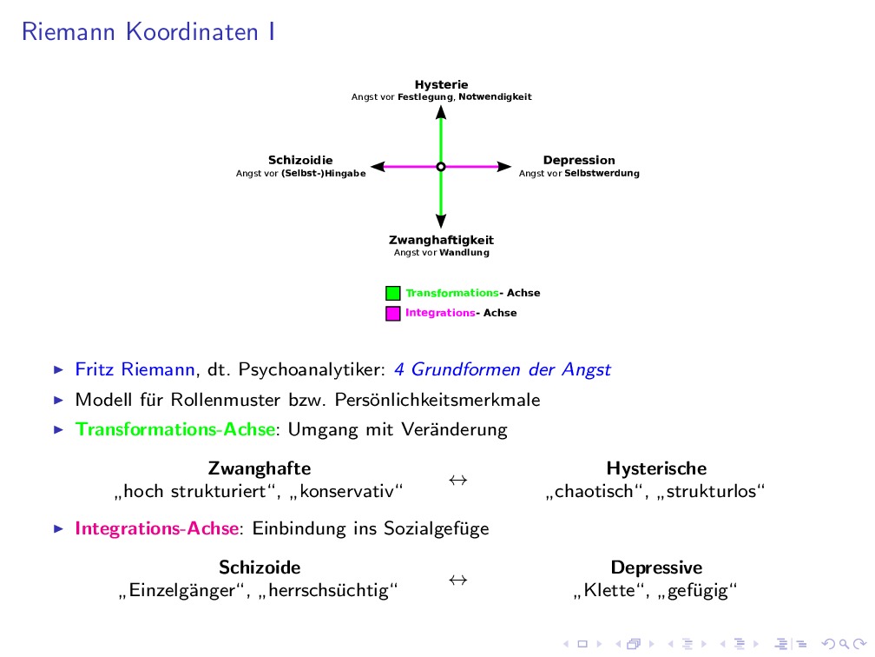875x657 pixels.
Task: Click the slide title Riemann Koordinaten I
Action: [148, 32]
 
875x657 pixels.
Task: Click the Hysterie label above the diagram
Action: [441, 85]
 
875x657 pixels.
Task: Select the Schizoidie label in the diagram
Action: [300, 161]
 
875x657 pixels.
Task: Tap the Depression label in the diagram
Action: [579, 161]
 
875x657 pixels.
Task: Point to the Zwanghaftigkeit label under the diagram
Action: [441, 240]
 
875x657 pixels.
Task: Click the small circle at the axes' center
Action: [441, 166]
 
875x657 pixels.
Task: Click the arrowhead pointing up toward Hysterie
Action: [441, 112]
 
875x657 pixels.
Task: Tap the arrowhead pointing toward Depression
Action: [504, 166]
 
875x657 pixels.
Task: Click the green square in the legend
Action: [393, 294]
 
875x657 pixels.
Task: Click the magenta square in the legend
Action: [393, 313]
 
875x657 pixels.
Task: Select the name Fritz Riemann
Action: [135, 370]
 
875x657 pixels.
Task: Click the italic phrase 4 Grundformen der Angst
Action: [502, 370]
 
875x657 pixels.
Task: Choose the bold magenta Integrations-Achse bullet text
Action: [156, 528]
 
